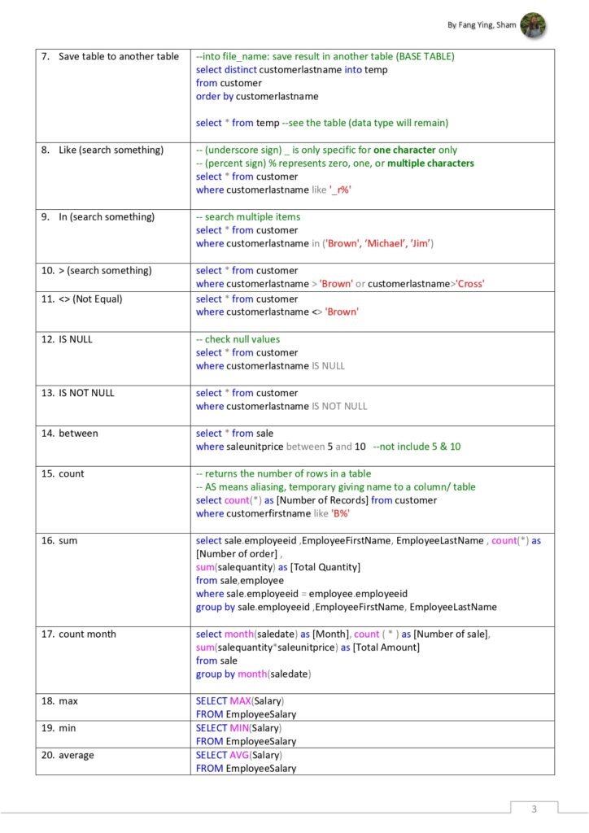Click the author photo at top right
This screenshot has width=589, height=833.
point(533,25)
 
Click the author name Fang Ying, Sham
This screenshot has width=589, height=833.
point(482,26)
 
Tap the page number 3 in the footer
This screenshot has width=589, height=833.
point(534,809)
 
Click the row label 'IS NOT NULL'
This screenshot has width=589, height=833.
point(86,393)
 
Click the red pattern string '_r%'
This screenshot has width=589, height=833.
point(340,190)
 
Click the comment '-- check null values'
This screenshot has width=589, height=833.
point(238,339)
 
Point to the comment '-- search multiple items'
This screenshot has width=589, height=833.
point(248,217)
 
